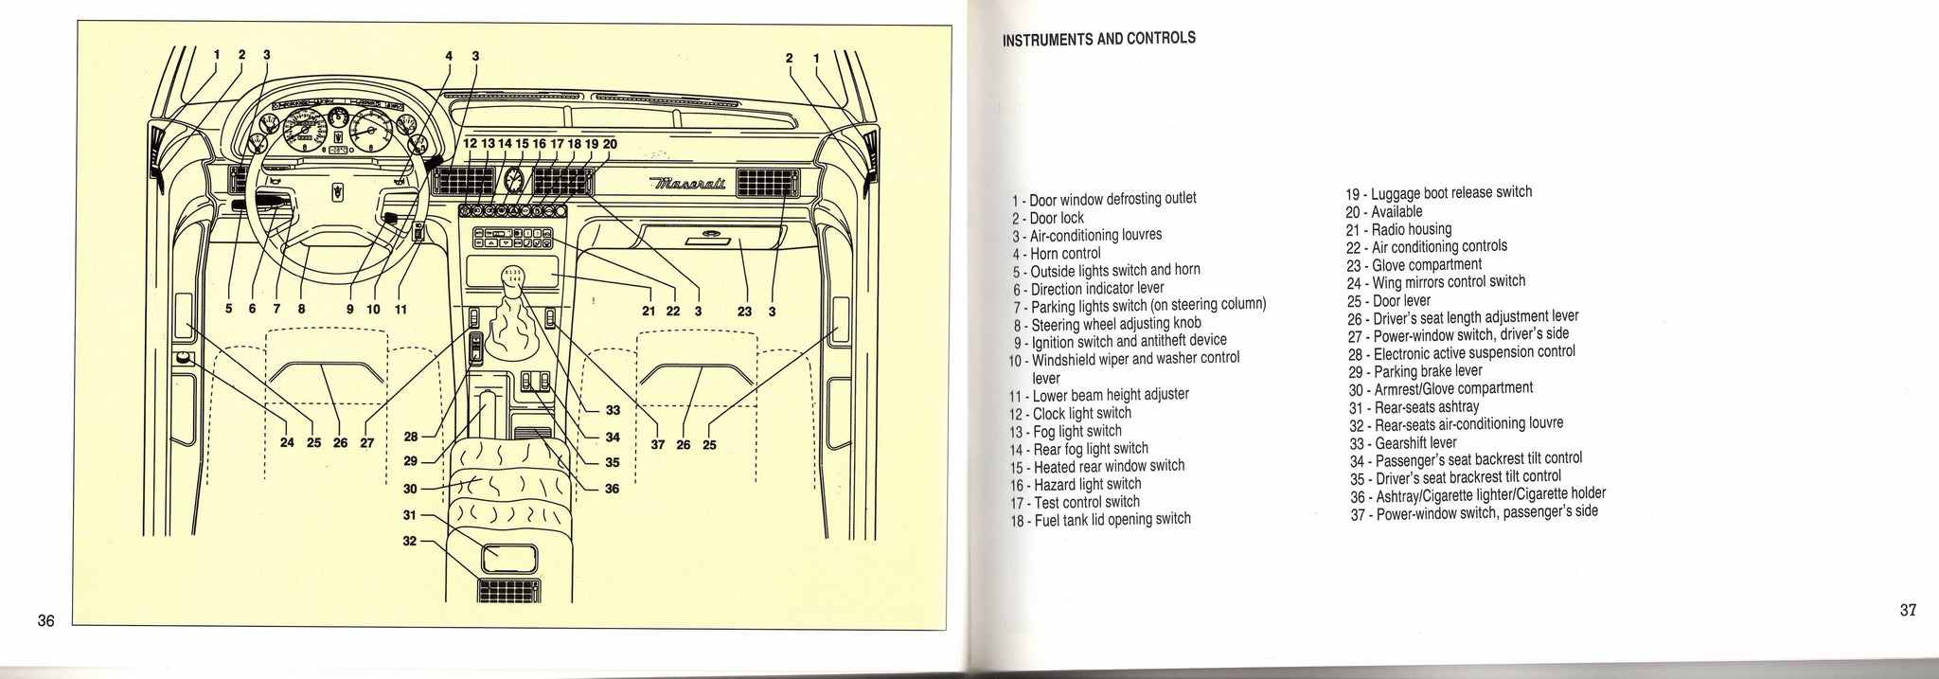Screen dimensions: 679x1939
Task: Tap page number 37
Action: [x=1908, y=610]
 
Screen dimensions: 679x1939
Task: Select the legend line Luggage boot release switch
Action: [x=1438, y=192]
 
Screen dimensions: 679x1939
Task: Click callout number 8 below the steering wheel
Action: [x=301, y=309]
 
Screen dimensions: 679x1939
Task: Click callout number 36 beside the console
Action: [x=612, y=489]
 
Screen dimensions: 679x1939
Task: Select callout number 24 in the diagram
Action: [x=288, y=442]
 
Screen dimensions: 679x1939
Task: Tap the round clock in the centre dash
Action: [x=515, y=181]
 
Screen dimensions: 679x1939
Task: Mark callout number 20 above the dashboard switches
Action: [x=610, y=144]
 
